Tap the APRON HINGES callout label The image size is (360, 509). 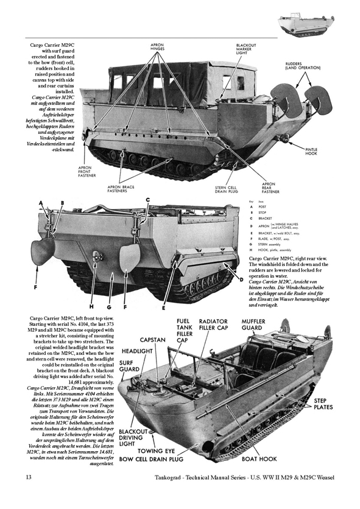coord(159,47)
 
